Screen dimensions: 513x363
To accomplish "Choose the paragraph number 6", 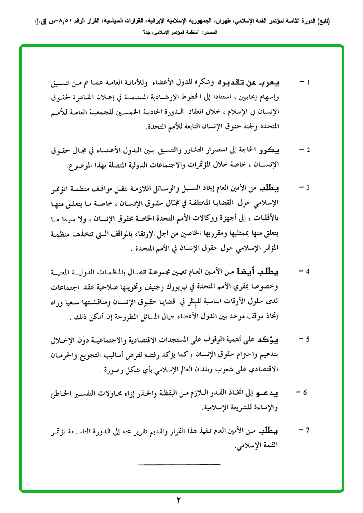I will [x=306, y=392].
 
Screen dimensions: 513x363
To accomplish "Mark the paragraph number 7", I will [x=307, y=430].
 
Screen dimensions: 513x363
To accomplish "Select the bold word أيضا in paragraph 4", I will [x=256, y=272].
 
